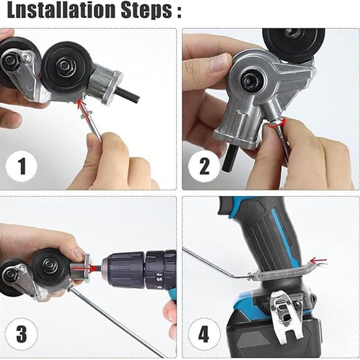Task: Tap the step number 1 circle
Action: coord(21,166)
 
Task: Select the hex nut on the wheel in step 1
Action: coord(64,66)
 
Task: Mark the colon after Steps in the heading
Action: coord(179,11)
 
